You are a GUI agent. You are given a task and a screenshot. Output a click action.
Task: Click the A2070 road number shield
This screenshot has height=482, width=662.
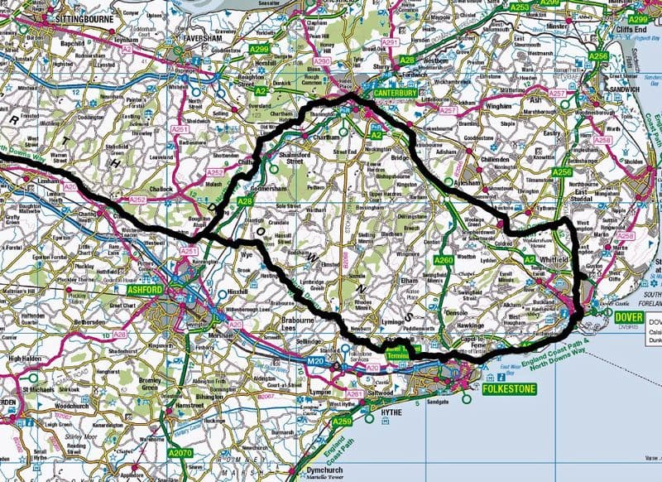(180, 454)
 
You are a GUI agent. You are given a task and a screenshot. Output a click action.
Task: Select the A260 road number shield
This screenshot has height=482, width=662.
(444, 260)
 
